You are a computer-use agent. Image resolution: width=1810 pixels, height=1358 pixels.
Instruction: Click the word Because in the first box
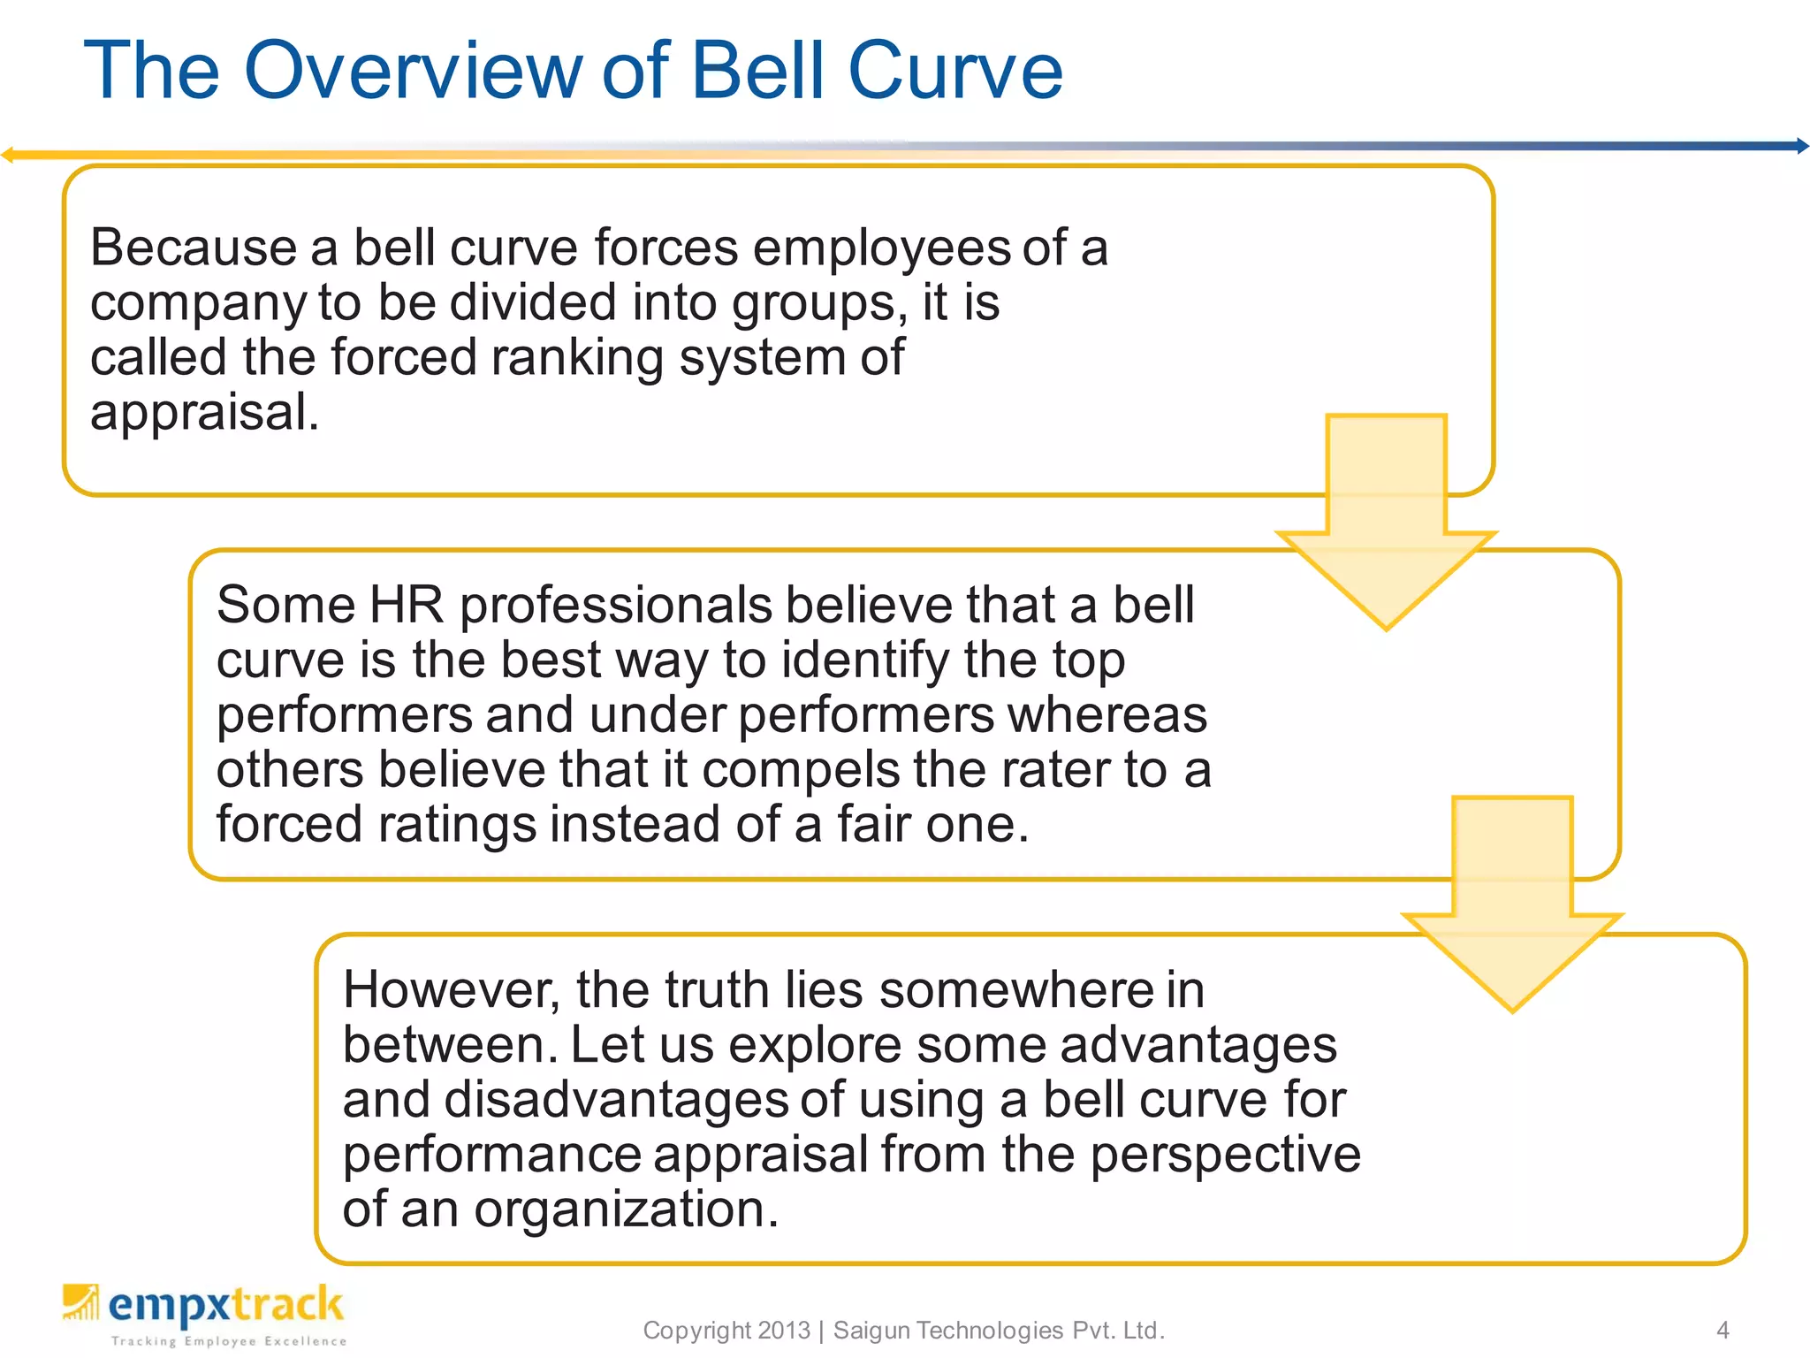point(193,248)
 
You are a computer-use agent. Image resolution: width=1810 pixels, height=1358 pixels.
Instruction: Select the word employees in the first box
point(881,249)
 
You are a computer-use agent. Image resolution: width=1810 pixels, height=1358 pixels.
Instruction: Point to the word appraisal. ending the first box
point(204,413)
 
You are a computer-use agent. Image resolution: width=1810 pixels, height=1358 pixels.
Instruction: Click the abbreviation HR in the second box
point(406,606)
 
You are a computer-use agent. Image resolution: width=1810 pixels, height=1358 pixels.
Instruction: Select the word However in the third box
point(451,990)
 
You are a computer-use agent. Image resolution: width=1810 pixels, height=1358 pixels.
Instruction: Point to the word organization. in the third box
point(626,1209)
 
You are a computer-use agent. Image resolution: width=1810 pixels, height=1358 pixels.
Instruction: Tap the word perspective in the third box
point(1225,1156)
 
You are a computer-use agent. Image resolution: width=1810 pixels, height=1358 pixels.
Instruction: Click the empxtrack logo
point(204,1314)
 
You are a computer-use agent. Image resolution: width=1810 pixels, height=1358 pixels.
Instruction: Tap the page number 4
point(1723,1330)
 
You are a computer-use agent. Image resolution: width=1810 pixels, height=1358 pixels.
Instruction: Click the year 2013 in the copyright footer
point(783,1330)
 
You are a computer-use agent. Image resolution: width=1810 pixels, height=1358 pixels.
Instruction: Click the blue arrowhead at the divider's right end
point(1801,146)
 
